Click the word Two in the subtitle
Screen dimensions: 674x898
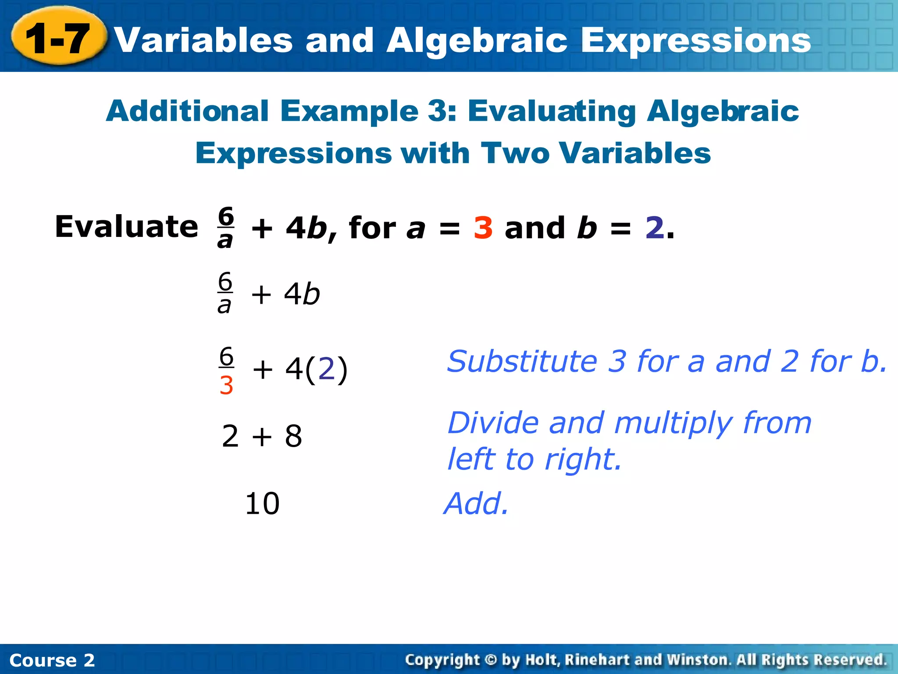[515, 153]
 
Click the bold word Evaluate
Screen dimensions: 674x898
[126, 227]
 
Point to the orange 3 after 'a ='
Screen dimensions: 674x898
[483, 228]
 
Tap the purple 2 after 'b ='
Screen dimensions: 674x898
[654, 228]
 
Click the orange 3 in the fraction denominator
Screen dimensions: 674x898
[226, 386]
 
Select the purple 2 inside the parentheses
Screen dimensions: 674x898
[326, 369]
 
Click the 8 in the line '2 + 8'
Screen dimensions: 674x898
[293, 437]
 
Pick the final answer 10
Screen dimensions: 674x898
[262, 504]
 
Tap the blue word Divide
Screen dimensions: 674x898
[492, 423]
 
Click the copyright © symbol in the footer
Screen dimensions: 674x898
[491, 660]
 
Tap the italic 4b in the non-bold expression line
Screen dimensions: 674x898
[302, 294]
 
